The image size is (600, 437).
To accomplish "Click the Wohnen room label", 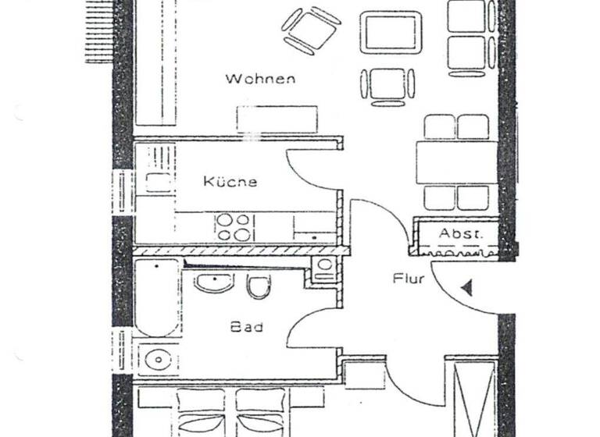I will coord(260,78).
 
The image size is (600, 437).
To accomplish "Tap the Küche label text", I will coord(230,182).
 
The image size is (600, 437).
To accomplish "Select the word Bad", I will coord(245,328).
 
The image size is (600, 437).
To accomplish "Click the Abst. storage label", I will coord(460,233).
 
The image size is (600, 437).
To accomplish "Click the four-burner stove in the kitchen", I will coord(234,226).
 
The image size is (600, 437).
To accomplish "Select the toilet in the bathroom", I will coord(258,287).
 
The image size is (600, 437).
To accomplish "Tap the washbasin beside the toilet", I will coord(213,282).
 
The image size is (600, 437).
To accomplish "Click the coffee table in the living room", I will coord(390,32).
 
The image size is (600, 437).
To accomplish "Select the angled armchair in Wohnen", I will coord(310,30).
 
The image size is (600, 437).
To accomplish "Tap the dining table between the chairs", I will coord(456,162).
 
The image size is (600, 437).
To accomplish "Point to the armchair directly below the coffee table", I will coord(387,84).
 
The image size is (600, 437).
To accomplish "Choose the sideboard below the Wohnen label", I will coord(277,119).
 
